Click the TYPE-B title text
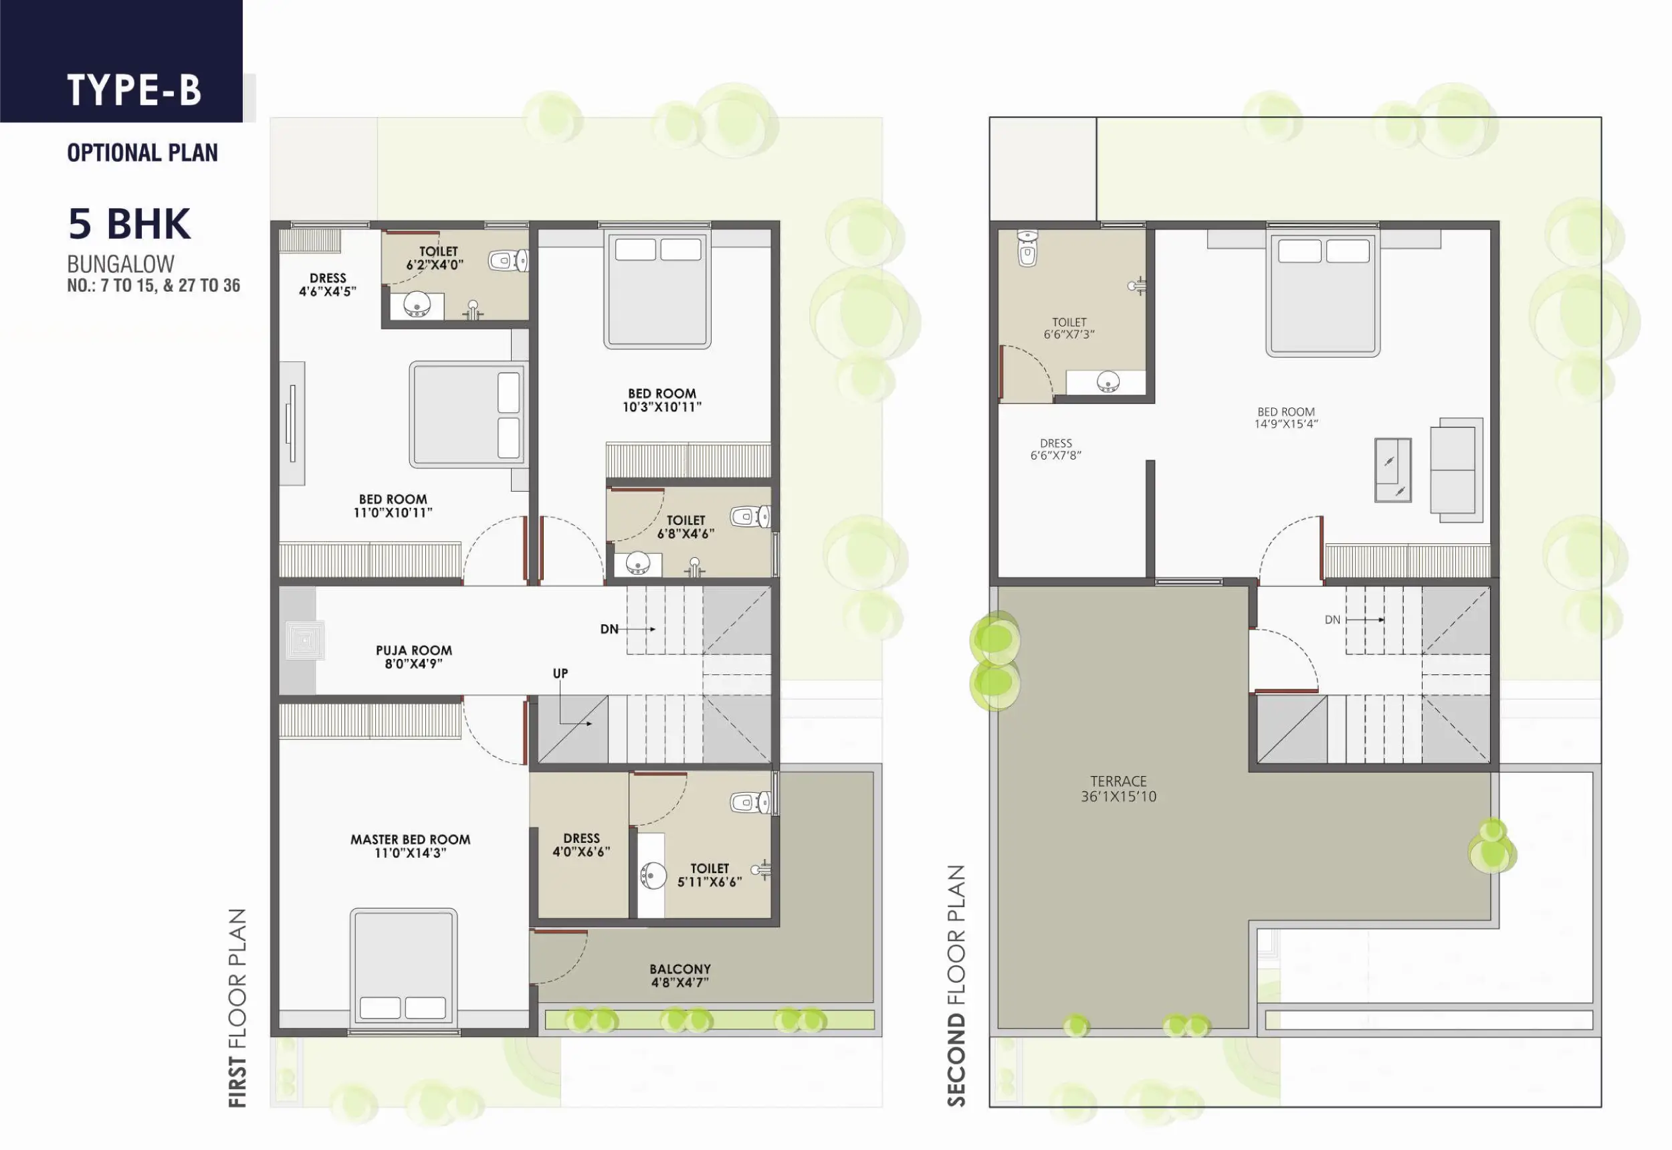click(x=134, y=90)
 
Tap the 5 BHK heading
click(x=130, y=223)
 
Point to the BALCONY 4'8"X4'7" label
click(x=680, y=975)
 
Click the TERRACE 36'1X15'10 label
click(x=1119, y=789)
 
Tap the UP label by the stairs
click(x=560, y=673)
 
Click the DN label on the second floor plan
click(x=1333, y=619)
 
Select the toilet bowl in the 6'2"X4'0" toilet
click(x=508, y=260)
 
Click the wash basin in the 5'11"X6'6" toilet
click(x=653, y=876)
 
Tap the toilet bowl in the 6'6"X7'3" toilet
click(x=1027, y=248)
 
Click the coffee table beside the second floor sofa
click(x=1392, y=470)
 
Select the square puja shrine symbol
click(x=305, y=640)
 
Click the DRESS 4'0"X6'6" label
click(x=581, y=844)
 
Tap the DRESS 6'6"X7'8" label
click(x=1055, y=449)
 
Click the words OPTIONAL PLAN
click(x=142, y=153)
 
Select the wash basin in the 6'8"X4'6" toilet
click(x=637, y=563)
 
